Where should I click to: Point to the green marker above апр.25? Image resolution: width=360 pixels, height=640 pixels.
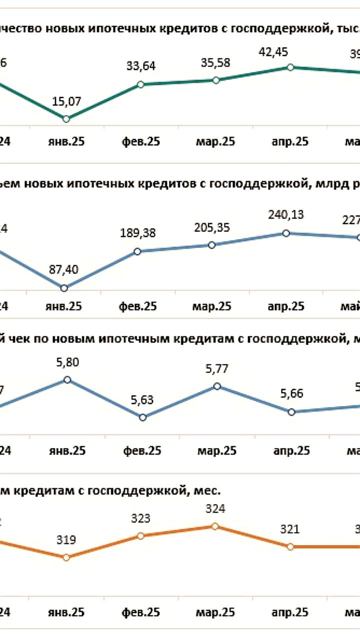(x=290, y=67)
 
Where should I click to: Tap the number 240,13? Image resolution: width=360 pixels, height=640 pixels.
(x=286, y=215)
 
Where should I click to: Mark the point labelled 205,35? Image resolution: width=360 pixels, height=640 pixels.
(x=211, y=245)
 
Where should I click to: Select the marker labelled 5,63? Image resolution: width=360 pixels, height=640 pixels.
(x=142, y=417)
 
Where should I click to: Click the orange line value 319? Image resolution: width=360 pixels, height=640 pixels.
(x=66, y=540)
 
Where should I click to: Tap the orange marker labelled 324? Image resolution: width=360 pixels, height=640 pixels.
(x=215, y=526)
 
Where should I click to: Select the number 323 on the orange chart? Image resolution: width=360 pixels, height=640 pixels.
(x=140, y=518)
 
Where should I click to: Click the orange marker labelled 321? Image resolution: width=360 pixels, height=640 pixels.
(x=290, y=546)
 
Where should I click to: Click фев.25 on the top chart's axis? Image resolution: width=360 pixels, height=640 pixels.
(x=140, y=141)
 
